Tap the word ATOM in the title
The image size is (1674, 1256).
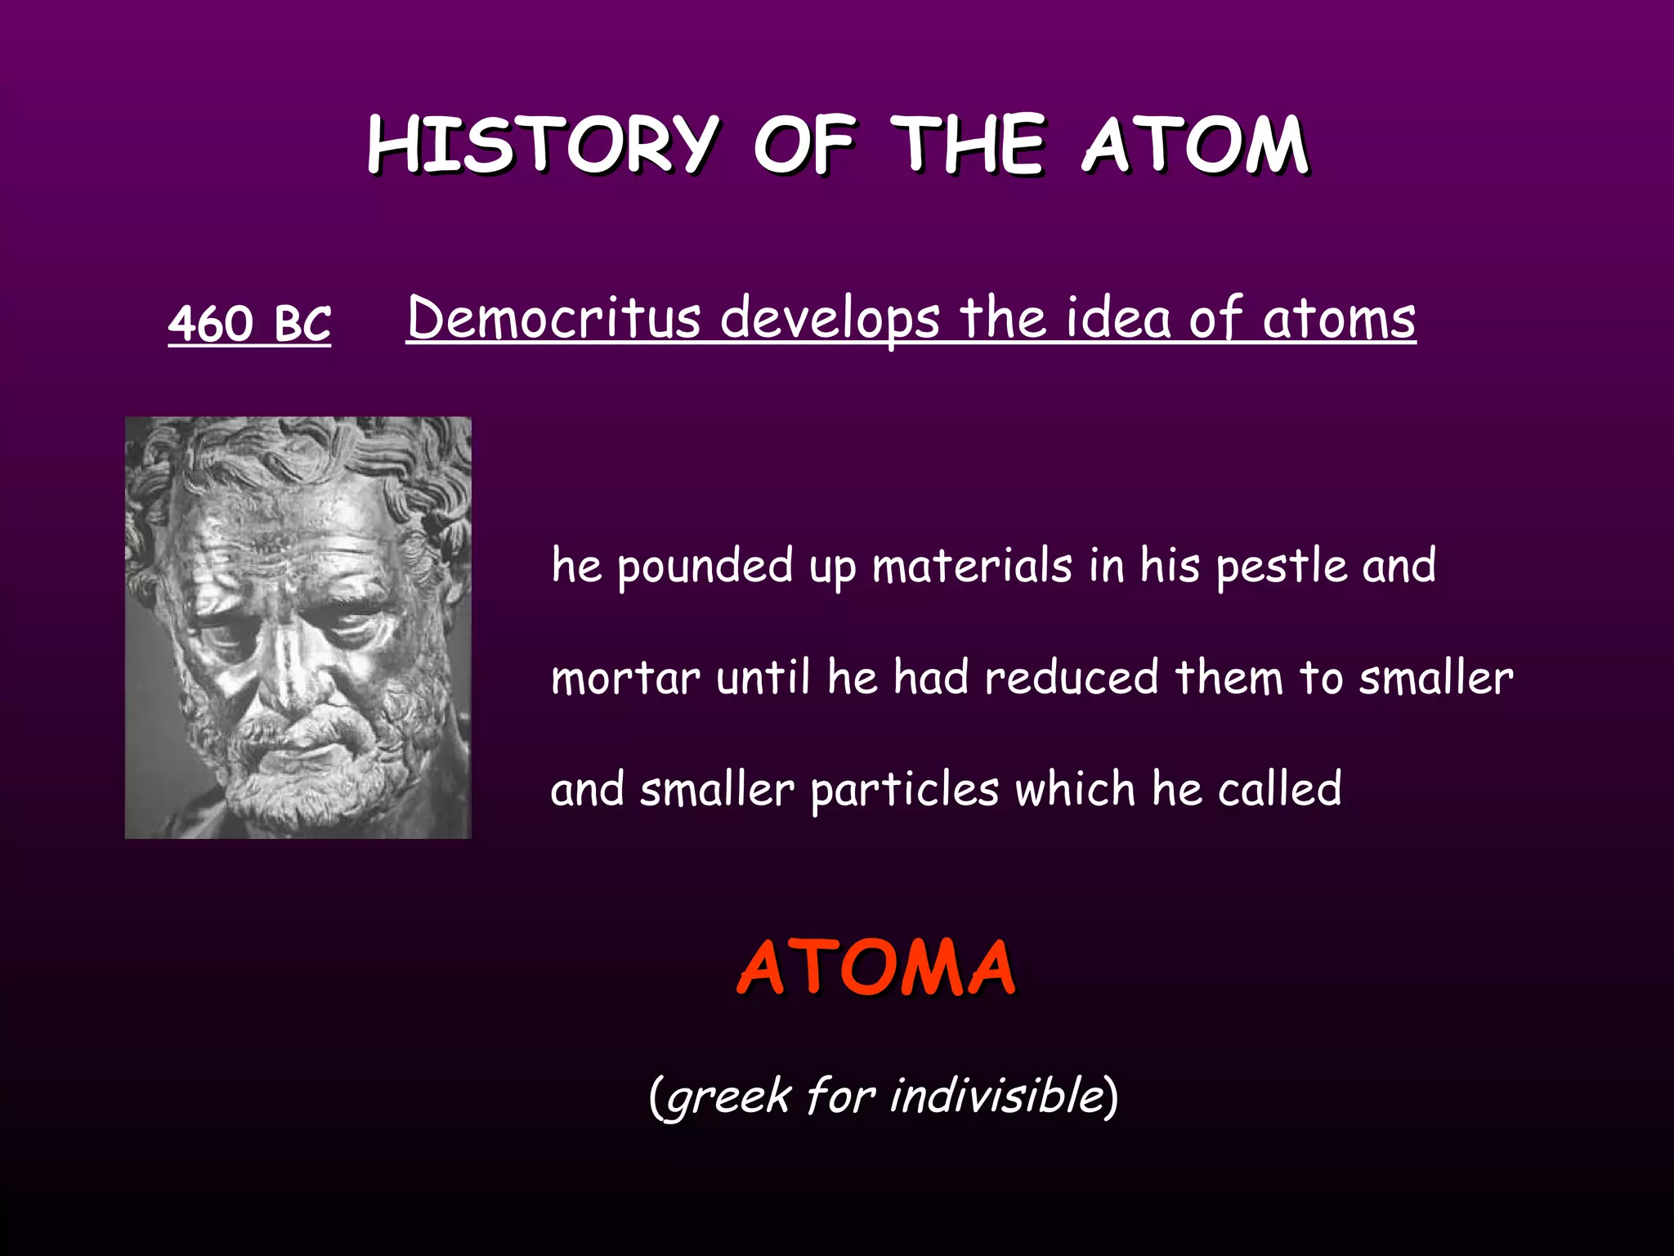coord(1195,145)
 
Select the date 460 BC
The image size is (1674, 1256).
coord(249,323)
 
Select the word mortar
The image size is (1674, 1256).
coord(625,678)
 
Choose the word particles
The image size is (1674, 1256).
coord(904,790)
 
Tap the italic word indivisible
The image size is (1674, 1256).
coord(997,1095)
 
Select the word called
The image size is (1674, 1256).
coord(1279,790)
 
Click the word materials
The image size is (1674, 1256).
coord(972,566)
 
